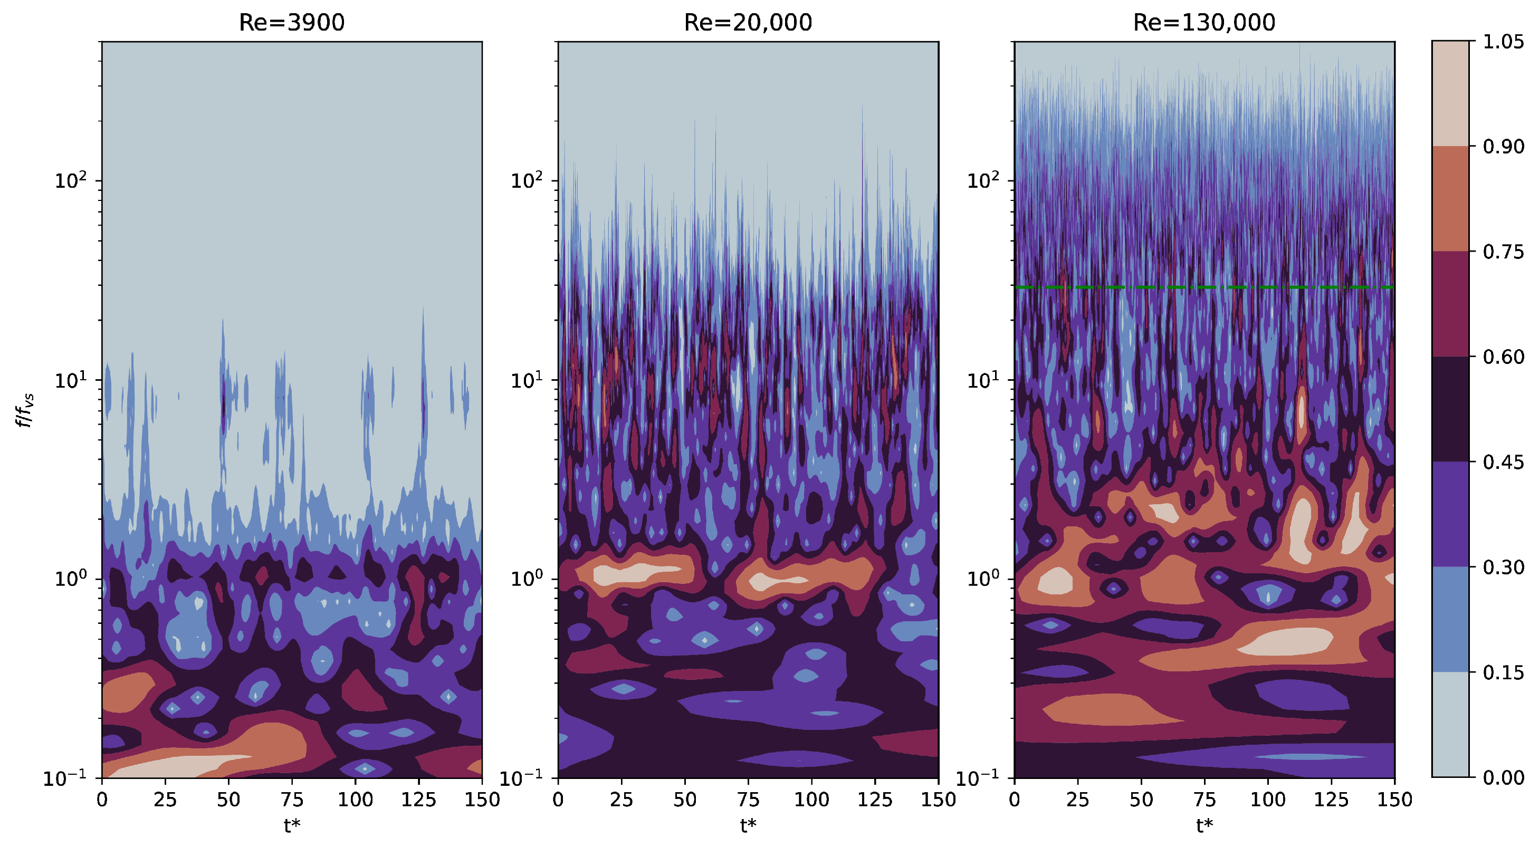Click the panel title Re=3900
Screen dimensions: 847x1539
click(292, 22)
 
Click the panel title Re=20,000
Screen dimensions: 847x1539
click(748, 22)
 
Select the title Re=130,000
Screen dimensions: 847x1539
click(1204, 22)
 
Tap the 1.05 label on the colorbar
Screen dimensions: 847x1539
click(1504, 41)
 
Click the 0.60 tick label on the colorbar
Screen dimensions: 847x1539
click(1504, 357)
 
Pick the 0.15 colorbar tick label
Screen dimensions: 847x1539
click(1504, 672)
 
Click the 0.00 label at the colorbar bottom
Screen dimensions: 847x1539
click(1504, 777)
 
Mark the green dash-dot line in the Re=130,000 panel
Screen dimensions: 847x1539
click(1204, 287)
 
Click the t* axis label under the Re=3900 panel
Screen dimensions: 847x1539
click(292, 826)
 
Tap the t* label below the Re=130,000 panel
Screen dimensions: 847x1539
click(1204, 826)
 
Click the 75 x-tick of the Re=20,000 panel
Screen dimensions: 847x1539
click(748, 799)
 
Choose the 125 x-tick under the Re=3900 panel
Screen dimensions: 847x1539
click(418, 799)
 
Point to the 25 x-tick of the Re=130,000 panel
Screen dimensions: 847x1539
click(1077, 799)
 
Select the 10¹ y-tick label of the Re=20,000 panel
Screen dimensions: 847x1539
click(527, 380)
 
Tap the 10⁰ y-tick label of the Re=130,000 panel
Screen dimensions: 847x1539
click(983, 577)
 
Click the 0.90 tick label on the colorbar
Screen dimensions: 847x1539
click(1504, 146)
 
